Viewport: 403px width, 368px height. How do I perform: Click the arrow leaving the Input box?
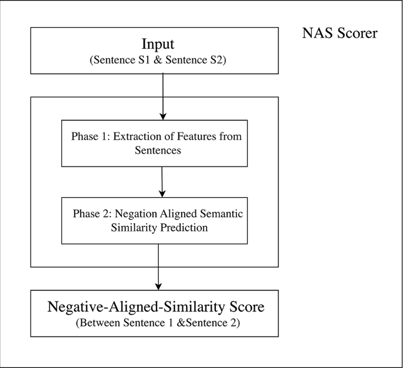click(162, 94)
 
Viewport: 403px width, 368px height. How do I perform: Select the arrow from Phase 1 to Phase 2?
click(162, 181)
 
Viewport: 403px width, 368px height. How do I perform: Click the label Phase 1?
click(91, 137)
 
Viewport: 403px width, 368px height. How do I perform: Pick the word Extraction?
click(138, 137)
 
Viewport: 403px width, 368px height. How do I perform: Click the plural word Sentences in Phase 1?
click(154, 150)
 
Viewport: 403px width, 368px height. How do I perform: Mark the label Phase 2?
click(92, 213)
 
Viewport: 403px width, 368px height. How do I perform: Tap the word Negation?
click(135, 213)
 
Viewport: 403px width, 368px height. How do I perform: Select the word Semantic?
click(222, 213)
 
